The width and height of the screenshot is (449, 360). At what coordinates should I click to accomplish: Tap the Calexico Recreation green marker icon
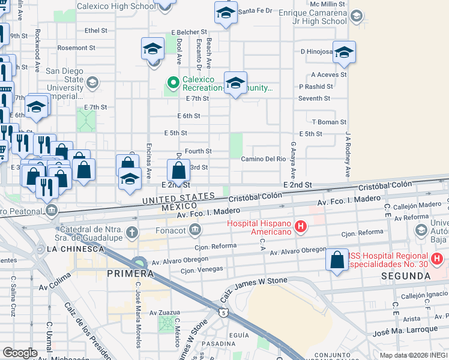click(x=173, y=82)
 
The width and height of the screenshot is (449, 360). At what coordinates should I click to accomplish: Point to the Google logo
click(x=20, y=353)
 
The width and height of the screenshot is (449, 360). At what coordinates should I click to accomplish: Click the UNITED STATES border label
click(x=178, y=197)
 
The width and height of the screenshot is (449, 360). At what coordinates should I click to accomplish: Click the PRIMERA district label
click(x=127, y=274)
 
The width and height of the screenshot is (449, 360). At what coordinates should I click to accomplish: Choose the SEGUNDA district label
click(x=405, y=276)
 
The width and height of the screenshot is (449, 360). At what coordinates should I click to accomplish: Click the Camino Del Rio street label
click(x=263, y=159)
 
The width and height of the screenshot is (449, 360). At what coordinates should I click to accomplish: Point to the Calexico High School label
click(x=115, y=7)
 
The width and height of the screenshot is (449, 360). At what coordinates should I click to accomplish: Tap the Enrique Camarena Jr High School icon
click(x=357, y=16)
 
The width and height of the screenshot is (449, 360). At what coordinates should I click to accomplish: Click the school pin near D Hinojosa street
click(x=345, y=52)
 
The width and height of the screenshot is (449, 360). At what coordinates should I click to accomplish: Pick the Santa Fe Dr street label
click(x=255, y=11)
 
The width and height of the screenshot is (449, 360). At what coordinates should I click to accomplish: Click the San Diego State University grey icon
click(x=92, y=82)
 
